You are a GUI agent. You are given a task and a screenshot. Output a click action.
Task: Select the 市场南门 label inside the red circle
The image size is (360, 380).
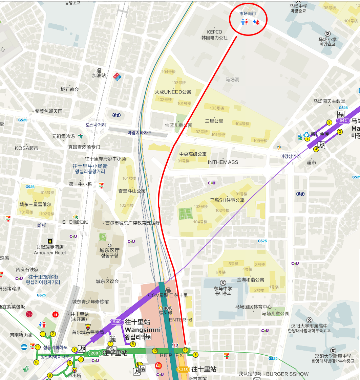pyautogui.click(x=248, y=14)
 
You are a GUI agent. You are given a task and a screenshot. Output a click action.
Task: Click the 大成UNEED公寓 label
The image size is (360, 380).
pyautogui.click(x=173, y=92)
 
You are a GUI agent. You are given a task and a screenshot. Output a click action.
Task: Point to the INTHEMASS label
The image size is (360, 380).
pyautogui.click(x=223, y=162)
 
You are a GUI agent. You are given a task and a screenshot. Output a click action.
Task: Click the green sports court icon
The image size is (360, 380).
pyautogui.click(x=185, y=214)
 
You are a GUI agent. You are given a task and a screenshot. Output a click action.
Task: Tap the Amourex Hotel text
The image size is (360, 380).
pyautogui.click(x=50, y=252)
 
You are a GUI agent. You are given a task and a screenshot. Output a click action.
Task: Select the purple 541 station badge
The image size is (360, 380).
pyautogui.click(x=343, y=121)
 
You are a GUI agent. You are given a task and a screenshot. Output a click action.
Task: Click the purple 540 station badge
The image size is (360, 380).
pyautogui.click(x=117, y=322)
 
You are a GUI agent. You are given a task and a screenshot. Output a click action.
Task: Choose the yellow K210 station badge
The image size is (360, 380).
pyautogui.click(x=183, y=369)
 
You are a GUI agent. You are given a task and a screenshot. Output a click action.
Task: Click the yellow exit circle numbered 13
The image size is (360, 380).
pyautogui.click(x=185, y=350)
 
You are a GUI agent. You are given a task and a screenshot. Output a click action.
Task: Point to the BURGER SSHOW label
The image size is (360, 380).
pyautogui.click(x=287, y=374)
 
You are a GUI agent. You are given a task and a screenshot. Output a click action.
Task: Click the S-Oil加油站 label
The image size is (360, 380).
pyautogui.click(x=75, y=222)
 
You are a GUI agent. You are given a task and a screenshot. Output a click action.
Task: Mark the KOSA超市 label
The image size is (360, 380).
pyautogui.click(x=27, y=148)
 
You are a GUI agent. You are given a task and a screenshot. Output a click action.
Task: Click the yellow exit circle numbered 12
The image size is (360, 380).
pyautogui.click(x=155, y=351)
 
